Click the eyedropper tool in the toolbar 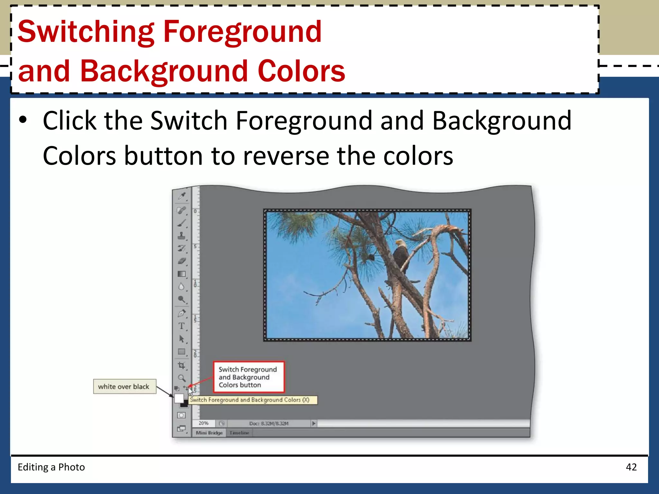point(182,196)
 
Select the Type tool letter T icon point(181,326)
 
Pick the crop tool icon point(181,365)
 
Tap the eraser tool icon point(181,261)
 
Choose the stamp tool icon point(181,236)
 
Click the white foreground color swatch point(179,398)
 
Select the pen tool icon point(181,313)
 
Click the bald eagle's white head point(399,242)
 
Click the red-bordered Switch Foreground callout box point(249,377)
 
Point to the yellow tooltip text point(249,400)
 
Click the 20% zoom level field point(203,423)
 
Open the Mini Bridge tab point(209,433)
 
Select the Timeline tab point(239,433)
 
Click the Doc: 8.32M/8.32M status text point(269,424)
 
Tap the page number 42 point(631,467)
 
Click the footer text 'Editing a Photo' point(51,467)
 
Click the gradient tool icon point(181,274)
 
